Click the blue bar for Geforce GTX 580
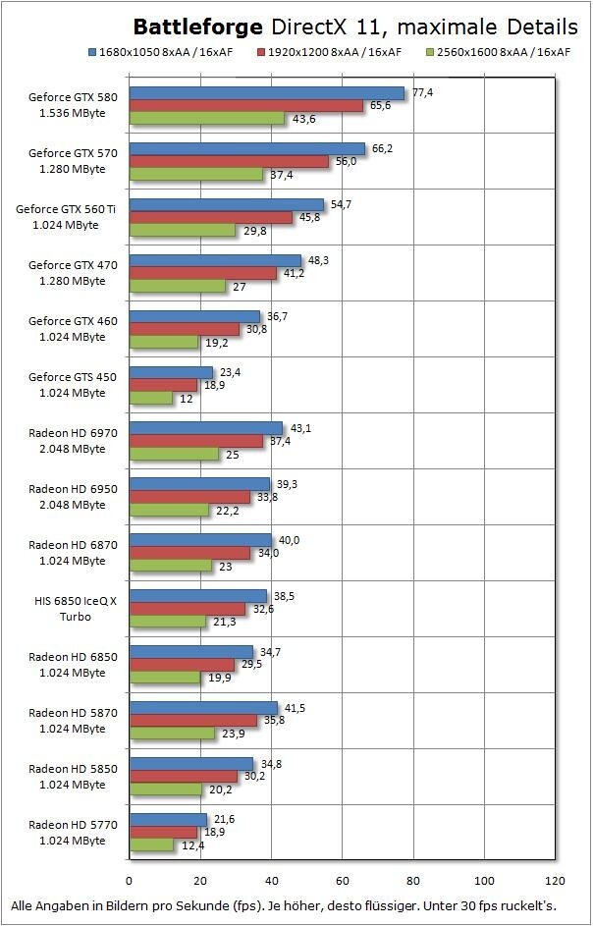tap(265, 93)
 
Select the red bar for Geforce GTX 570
tap(228, 162)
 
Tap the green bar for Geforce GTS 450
tap(150, 399)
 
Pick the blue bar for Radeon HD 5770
tap(167, 819)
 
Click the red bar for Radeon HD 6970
tap(194, 441)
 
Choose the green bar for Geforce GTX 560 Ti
tap(182, 231)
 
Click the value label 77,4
tap(422, 91)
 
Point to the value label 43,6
tap(302, 119)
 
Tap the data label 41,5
tap(296, 706)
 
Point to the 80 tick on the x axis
tap(413, 880)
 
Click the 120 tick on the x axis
tap(556, 880)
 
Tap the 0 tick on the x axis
tap(129, 880)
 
